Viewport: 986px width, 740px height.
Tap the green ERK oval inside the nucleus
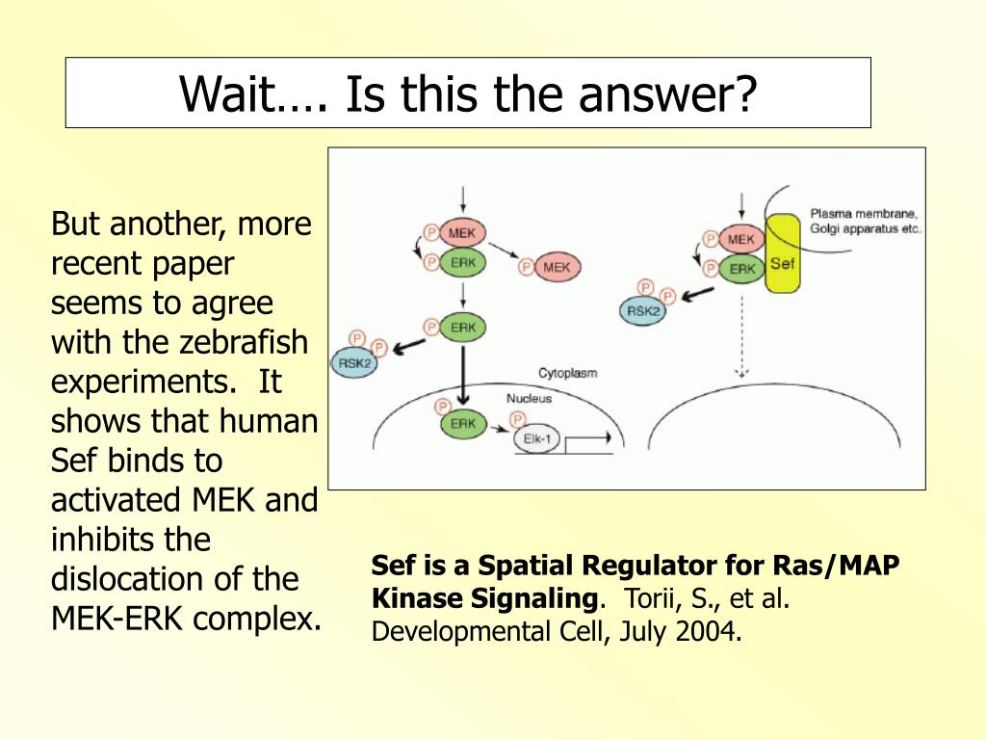click(462, 424)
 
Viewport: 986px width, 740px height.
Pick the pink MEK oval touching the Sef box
click(740, 239)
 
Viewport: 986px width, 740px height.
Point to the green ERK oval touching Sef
click(741, 269)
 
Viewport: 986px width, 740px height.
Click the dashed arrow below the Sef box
click(741, 337)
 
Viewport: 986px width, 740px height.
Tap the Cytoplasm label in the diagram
click(567, 372)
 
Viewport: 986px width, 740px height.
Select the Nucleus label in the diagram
click(529, 398)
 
